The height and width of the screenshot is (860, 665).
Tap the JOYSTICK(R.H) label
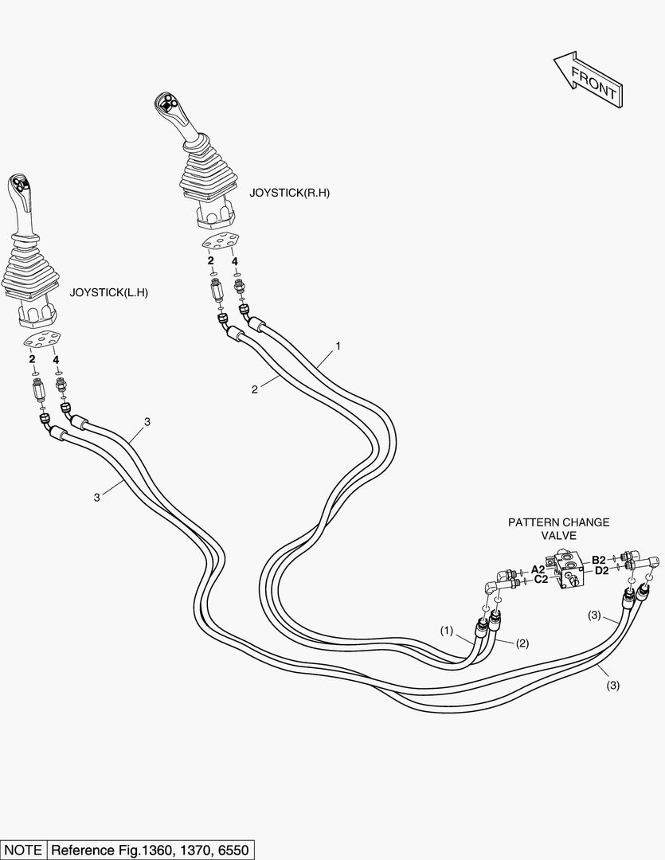[288, 193]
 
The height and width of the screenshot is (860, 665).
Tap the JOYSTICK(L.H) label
[109, 292]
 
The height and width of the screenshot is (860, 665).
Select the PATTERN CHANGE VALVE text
[559, 529]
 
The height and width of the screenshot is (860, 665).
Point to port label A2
[538, 569]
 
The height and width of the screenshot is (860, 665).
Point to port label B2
[599, 559]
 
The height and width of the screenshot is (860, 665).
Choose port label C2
[541, 580]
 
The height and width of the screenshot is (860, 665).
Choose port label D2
[601, 569]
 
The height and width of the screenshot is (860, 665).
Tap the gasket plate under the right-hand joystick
[221, 242]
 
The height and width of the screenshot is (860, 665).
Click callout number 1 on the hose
[338, 346]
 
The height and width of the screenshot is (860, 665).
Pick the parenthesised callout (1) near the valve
[447, 631]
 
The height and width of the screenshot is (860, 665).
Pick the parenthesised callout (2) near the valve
[522, 643]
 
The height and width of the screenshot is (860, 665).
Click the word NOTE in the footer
[23, 849]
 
